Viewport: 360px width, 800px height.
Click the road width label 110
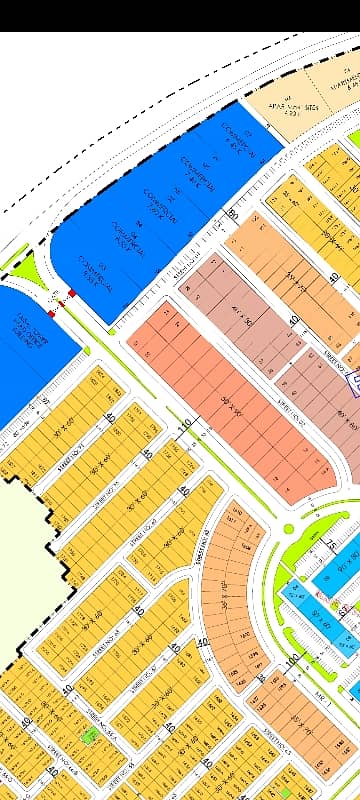tap(184, 426)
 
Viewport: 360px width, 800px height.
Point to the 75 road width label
tap(329, 546)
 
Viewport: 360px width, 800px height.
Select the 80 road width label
tap(232, 213)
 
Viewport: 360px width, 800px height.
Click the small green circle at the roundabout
tap(288, 527)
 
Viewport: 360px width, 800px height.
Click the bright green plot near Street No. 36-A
tap(91, 734)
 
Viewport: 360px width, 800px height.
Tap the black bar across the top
tap(180, 15)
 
